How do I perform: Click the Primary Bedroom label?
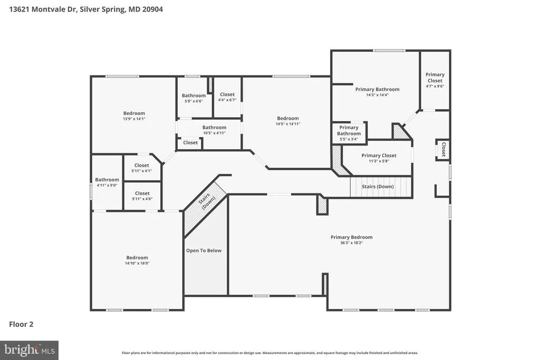(x=351, y=237)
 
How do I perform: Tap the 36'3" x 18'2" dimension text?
(x=351, y=243)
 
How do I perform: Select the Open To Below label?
(x=204, y=250)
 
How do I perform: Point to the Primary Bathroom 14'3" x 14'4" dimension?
(x=377, y=95)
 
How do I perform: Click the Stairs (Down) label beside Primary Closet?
(x=378, y=187)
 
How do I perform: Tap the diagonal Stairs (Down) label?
(x=207, y=201)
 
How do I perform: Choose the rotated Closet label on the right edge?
(x=443, y=149)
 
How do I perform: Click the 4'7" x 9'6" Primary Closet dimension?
(x=435, y=86)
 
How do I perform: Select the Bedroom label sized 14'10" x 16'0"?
(x=137, y=258)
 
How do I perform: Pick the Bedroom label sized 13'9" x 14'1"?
(x=134, y=113)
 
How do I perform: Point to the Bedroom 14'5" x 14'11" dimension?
(x=287, y=124)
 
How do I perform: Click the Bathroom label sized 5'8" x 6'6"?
(x=194, y=96)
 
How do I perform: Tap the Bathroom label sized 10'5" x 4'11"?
(x=214, y=128)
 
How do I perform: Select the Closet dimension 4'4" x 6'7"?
(x=227, y=100)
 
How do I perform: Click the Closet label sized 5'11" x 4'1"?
(x=141, y=166)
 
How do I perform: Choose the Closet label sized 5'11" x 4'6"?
(x=142, y=193)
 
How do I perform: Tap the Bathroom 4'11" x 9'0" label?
(x=107, y=180)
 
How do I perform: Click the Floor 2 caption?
(x=21, y=324)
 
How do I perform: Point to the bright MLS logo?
(x=30, y=351)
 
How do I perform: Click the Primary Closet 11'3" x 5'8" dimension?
(x=379, y=161)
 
